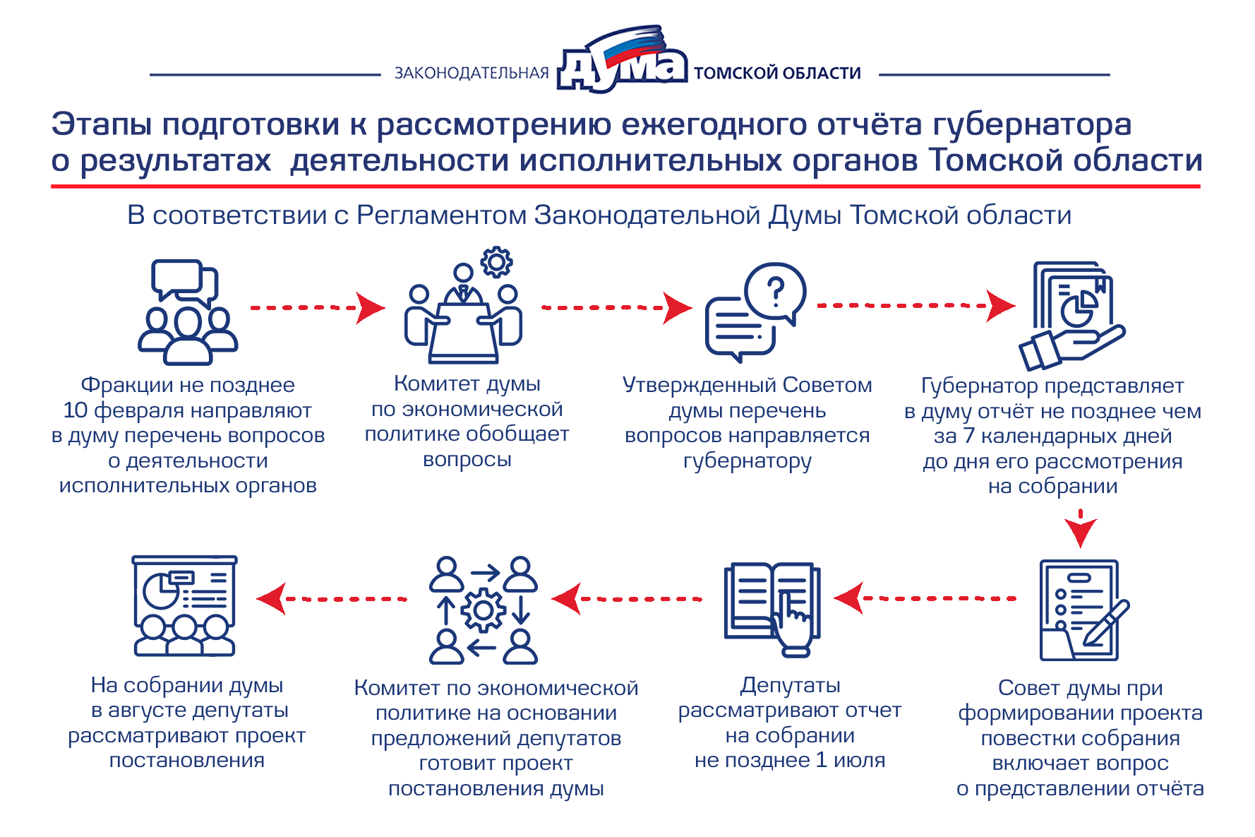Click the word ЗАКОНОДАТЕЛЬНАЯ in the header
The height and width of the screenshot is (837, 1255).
click(472, 73)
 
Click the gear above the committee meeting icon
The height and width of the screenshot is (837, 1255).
click(496, 262)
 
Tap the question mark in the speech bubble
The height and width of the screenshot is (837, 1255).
click(775, 291)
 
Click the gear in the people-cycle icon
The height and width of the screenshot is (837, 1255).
click(484, 610)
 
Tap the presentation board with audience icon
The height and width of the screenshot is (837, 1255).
click(185, 606)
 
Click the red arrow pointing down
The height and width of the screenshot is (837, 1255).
click(1080, 528)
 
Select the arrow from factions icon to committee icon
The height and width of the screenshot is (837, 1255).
click(318, 308)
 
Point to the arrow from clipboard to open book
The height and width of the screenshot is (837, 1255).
click(925, 598)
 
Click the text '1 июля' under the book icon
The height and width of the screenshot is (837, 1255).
click(851, 760)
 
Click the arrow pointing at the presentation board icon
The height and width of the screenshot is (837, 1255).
click(332, 598)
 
